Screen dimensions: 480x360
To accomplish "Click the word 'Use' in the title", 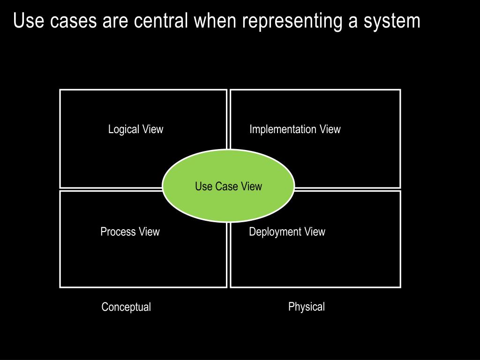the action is tap(29, 21).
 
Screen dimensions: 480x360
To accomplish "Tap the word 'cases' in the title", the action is tap(74, 22).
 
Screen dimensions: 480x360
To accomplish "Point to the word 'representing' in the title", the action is tap(292, 22).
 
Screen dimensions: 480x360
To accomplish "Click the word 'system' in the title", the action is tap(392, 22).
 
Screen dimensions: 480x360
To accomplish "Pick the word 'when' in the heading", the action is tap(215, 21).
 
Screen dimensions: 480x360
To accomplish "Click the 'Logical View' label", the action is tap(135, 129).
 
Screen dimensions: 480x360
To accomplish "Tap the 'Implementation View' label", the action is tap(295, 129).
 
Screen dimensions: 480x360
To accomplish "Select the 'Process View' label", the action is tap(130, 232).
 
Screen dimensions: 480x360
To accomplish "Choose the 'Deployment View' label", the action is tap(287, 232).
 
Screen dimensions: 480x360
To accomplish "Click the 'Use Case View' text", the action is tap(229, 186).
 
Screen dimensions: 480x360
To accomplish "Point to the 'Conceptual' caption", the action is tap(126, 307).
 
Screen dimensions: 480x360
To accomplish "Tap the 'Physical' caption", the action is tap(307, 307).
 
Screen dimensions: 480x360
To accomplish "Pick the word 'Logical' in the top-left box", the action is tap(124, 129).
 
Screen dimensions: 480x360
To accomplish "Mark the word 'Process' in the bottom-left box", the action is tap(118, 232).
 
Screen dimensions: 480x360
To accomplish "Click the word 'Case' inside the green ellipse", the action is tap(226, 186).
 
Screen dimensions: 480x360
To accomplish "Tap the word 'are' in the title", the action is tap(115, 22).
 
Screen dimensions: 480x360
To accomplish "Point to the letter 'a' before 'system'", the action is tap(353, 22).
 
